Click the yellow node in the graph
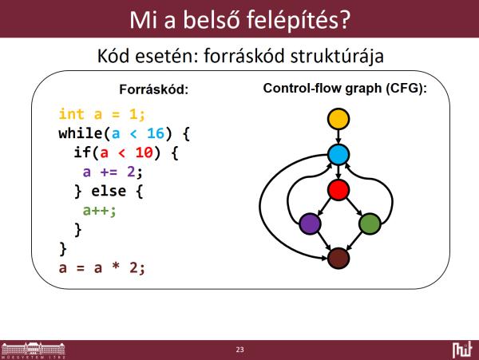point(338,119)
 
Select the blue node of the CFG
point(338,155)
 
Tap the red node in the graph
point(338,190)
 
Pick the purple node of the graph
point(310,224)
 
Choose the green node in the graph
point(370,224)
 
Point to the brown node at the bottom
point(338,259)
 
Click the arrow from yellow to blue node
point(338,136)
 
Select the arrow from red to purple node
point(324,207)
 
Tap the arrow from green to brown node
point(354,241)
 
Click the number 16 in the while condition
point(156,133)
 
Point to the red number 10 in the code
point(144,152)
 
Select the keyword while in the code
point(81,133)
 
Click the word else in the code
point(109,191)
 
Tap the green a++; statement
point(99,211)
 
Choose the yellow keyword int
point(71,114)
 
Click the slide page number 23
point(239,350)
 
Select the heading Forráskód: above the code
point(153,89)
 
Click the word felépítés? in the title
point(298,20)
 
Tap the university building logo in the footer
point(34,350)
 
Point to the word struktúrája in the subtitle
point(337,56)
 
